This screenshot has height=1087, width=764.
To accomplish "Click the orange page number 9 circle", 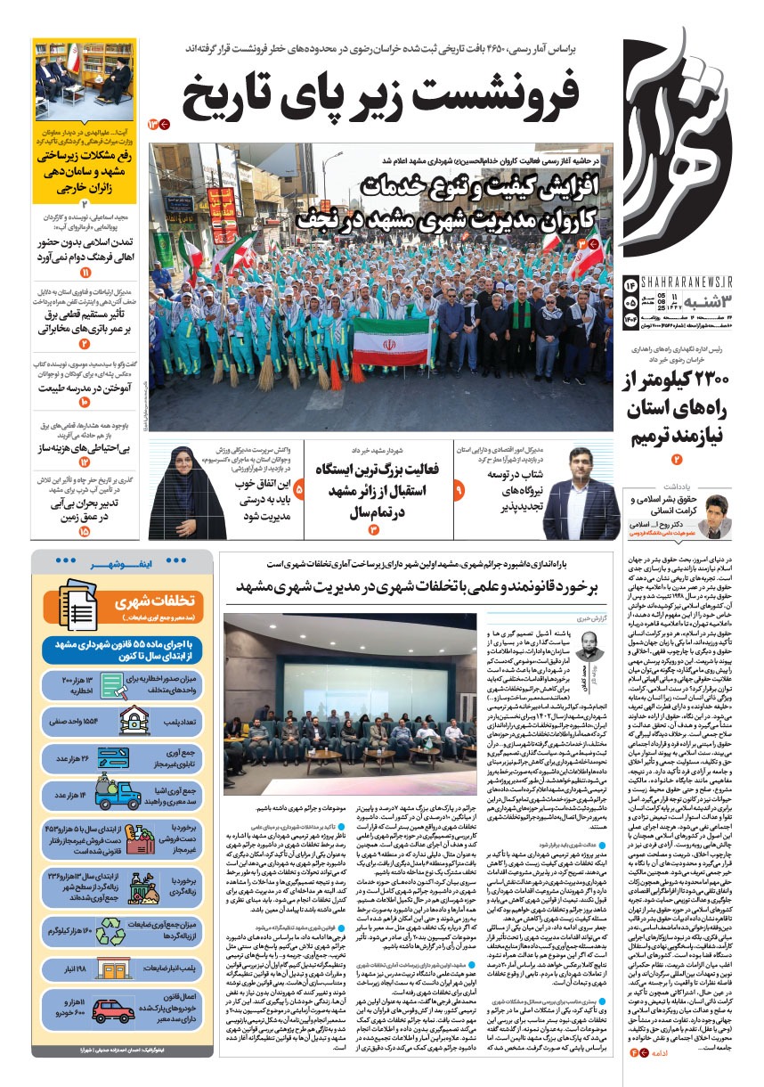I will pos(459,490).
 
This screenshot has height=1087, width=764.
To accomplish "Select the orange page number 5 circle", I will pos(298,490).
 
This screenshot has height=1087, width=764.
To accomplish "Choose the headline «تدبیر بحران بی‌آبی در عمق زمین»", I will pos(85,510).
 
